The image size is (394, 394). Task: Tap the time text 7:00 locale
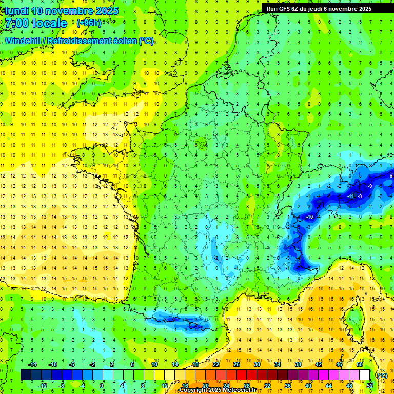tap(37, 23)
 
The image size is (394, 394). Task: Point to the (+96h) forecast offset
tap(89, 23)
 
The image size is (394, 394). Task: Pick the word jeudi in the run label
tap(329, 9)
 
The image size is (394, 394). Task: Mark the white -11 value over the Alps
tap(351, 196)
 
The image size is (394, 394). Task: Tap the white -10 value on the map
tap(309, 217)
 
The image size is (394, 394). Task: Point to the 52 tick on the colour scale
tap(370, 385)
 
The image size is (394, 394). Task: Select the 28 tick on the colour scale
tap(247, 385)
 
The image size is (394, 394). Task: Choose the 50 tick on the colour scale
tap(360, 364)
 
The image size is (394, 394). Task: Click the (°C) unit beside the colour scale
tap(382, 375)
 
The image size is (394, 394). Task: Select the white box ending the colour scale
tap(365, 375)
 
